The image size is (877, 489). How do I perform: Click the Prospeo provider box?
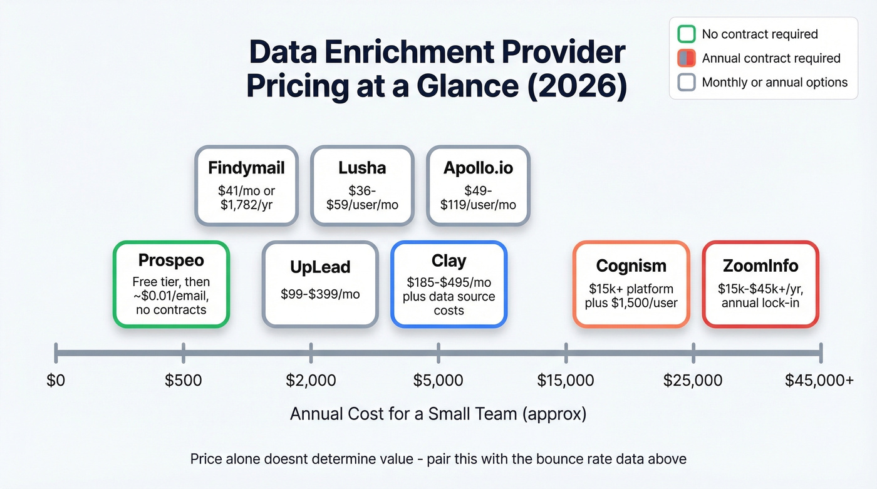coord(171,284)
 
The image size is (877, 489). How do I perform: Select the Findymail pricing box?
coord(246,185)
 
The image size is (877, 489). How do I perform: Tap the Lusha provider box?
coord(362,185)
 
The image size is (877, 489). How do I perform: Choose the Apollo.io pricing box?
coord(478,185)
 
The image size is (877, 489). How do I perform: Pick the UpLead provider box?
coord(320,284)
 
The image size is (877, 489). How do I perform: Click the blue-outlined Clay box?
coord(449,284)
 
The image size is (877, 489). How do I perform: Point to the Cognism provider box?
coord(631,284)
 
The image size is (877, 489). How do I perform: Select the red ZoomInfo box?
coord(760,284)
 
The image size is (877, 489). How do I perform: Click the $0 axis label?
coord(56,380)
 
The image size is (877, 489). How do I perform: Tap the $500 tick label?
coord(183,380)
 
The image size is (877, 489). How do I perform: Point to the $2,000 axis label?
coord(311,380)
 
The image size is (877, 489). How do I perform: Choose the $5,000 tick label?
coord(438,380)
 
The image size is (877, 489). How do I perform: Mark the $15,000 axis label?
coord(566,380)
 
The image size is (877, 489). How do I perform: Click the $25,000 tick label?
coord(693,380)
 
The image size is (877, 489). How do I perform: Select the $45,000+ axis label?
coord(819,380)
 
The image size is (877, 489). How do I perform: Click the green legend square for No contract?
coord(687,34)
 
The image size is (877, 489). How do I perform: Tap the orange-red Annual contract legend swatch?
coord(687,58)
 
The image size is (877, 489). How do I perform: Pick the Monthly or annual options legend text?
coord(774,82)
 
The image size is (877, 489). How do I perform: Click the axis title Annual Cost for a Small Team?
coord(438,414)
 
